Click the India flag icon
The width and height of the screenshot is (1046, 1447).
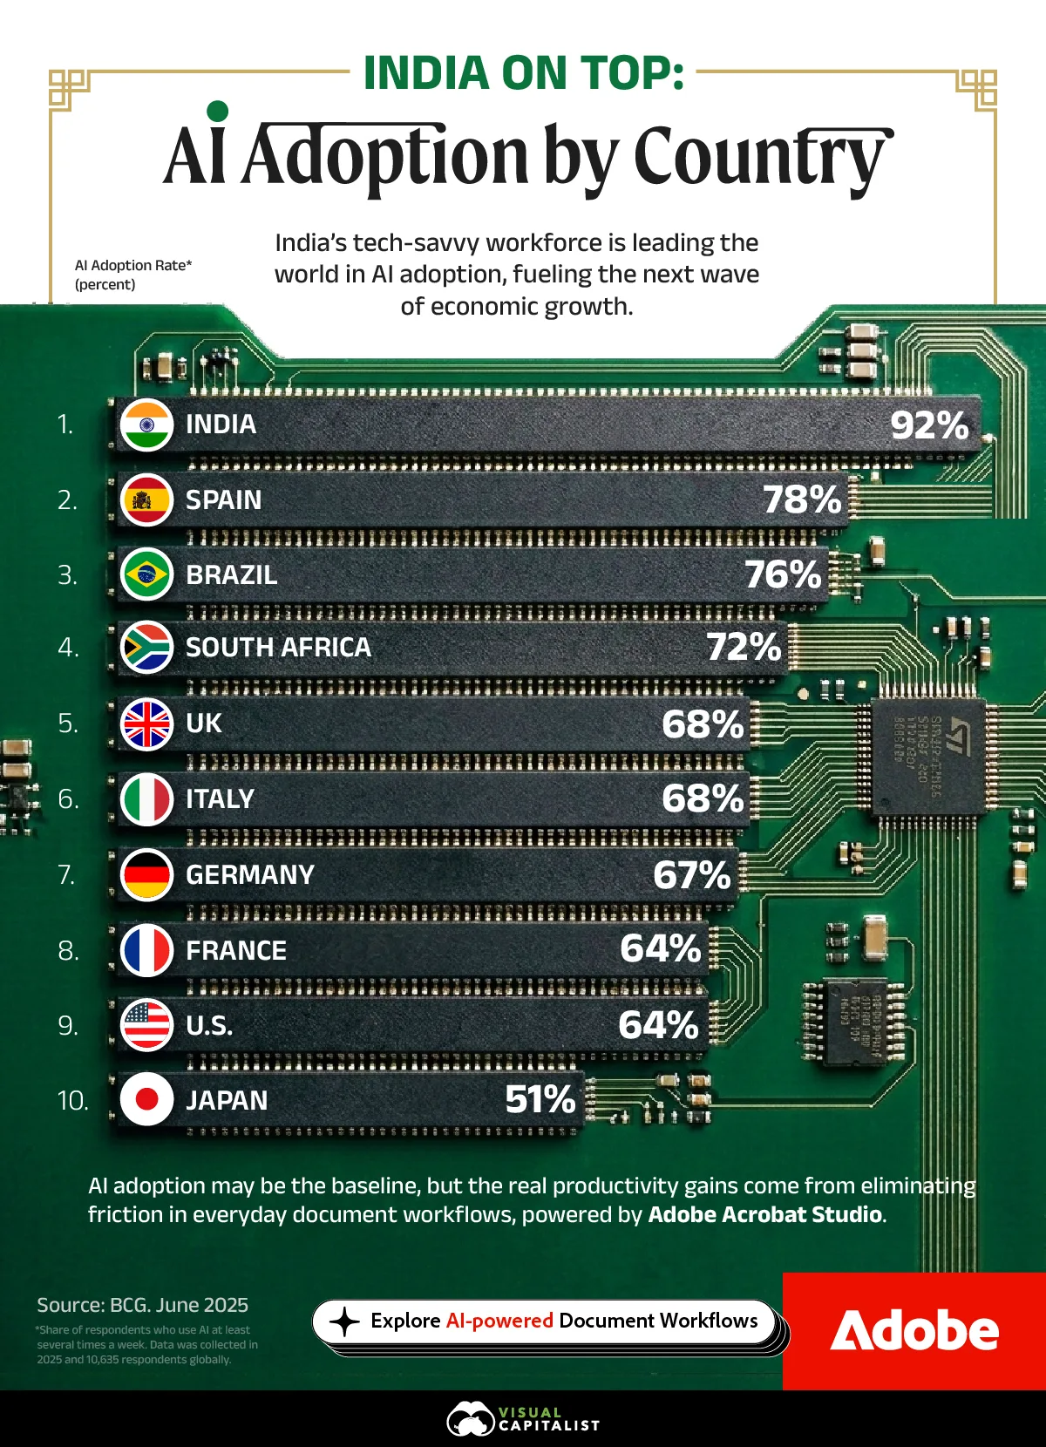(146, 425)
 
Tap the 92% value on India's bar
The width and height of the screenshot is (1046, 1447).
(929, 425)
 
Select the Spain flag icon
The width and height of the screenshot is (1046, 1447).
(146, 499)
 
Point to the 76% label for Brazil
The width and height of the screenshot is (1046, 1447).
(783, 574)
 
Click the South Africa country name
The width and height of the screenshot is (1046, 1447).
(278, 648)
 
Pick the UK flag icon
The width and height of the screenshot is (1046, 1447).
(146, 723)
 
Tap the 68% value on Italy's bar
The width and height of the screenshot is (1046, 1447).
(703, 798)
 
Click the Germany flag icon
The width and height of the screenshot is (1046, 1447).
(146, 874)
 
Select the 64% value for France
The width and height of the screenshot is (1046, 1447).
(661, 949)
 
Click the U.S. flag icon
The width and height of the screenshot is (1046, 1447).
(146, 1025)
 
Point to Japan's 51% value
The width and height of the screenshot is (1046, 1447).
(540, 1099)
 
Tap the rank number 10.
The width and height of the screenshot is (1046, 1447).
(73, 1101)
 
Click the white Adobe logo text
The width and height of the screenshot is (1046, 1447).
(914, 1331)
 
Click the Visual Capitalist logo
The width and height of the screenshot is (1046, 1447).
(523, 1419)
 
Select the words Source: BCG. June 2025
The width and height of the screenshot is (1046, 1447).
(142, 1305)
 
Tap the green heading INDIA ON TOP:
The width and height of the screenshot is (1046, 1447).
(523, 73)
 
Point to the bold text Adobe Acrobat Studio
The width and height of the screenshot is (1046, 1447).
(765, 1214)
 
